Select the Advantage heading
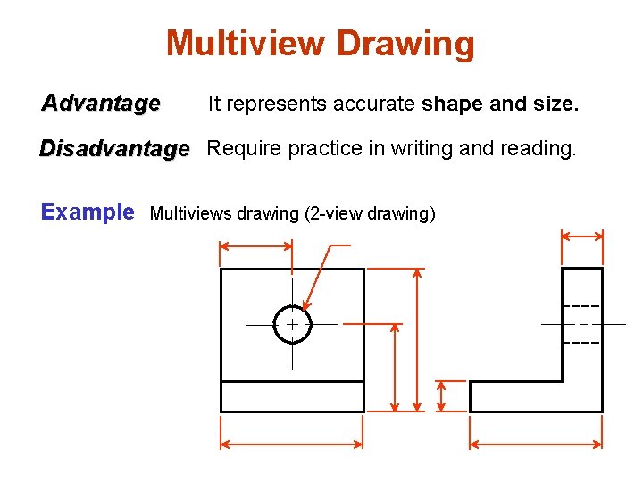[101, 104]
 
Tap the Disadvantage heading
[114, 147]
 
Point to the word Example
[88, 212]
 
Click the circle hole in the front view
[292, 324]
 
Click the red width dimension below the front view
[292, 443]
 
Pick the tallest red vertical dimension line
[417, 339]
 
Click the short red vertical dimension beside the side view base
[441, 396]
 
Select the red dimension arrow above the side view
[581, 236]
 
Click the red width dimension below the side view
[536, 443]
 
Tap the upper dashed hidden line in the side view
[581, 307]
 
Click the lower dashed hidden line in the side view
[581, 343]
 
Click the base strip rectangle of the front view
[292, 396]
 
